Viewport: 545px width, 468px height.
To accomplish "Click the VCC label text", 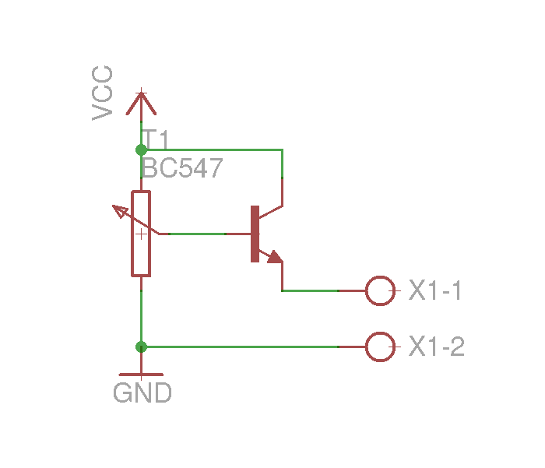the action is [102, 93].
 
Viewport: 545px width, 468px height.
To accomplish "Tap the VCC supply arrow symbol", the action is [141, 104].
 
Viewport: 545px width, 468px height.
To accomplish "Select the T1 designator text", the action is [156, 139].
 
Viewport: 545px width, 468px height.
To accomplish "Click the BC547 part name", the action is [182, 168].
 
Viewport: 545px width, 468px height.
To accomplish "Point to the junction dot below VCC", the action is [141, 150].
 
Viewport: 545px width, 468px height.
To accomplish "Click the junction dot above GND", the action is [141, 347].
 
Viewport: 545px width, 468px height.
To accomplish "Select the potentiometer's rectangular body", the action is [141, 234].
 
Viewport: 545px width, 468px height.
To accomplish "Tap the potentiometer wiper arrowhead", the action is [120, 211].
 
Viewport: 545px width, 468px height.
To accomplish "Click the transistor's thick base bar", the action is [255, 234].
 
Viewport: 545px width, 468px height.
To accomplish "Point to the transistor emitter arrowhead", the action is [275, 257].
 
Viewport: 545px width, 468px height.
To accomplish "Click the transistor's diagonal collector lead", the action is [271, 212].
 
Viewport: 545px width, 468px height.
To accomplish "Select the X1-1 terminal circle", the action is [380, 290].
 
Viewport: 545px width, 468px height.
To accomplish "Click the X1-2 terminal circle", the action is [380, 347].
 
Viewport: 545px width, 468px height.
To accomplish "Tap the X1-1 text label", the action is [434, 290].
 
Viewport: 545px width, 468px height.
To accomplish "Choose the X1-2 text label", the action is [437, 347].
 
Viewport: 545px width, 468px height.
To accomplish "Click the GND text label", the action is [142, 393].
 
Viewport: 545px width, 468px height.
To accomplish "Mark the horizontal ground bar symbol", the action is [141, 375].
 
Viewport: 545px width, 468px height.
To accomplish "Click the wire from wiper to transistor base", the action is [198, 234].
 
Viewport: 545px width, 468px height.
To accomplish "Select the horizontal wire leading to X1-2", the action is [240, 347].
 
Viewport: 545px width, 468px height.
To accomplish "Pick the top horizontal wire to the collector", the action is [212, 150].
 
